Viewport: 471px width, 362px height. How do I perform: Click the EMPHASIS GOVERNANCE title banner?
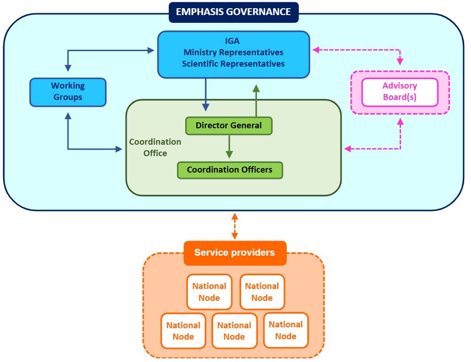click(x=233, y=12)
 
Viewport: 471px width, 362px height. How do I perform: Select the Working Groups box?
click(x=68, y=92)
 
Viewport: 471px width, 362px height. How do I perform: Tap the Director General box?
click(x=229, y=126)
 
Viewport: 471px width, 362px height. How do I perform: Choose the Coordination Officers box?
click(x=230, y=170)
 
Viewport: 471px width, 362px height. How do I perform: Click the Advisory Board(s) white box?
click(x=400, y=92)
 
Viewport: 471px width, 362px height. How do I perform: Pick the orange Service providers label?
click(x=235, y=252)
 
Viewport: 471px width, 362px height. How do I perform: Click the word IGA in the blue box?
click(x=233, y=41)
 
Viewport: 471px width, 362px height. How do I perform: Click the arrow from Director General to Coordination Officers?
click(x=229, y=147)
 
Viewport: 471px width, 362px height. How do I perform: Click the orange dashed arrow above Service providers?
click(x=235, y=226)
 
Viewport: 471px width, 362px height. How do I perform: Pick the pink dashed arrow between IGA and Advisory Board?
click(x=366, y=49)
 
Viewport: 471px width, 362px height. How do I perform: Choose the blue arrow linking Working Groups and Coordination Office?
click(x=87, y=149)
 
